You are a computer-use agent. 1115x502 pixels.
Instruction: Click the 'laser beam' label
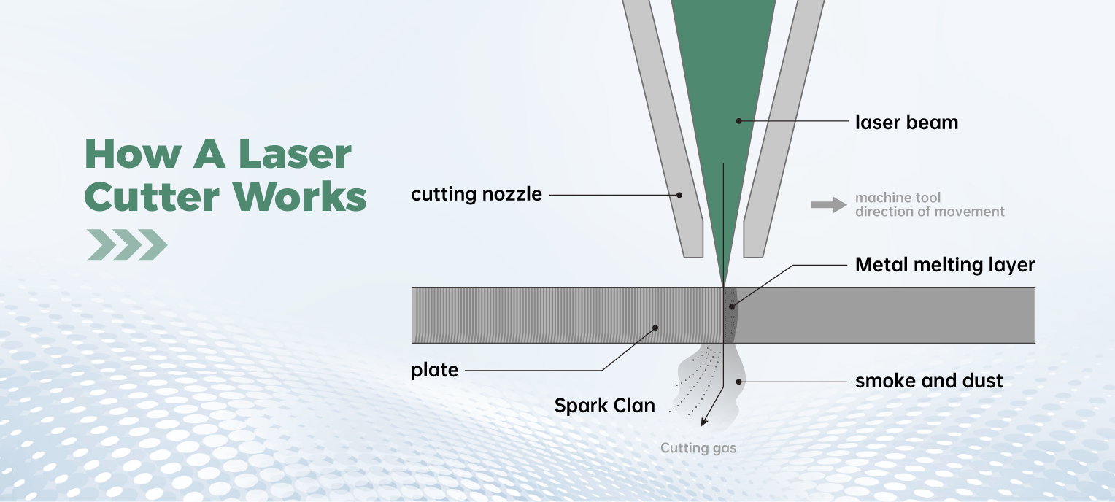coord(906,122)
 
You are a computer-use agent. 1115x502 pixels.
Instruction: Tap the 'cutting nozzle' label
coord(477,195)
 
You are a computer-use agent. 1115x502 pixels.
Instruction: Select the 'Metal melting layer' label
coord(944,264)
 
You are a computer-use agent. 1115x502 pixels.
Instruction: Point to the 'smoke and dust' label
coord(929,380)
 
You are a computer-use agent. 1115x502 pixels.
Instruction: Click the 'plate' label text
coord(435,370)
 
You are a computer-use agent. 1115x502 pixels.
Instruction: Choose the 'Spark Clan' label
coord(604,406)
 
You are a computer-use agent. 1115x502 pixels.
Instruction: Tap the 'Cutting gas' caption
coord(698,448)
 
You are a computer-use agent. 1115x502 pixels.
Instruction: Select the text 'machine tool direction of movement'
coord(930,205)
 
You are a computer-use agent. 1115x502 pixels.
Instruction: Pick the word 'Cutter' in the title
coord(152,197)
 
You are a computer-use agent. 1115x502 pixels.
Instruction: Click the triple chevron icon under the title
coord(126,245)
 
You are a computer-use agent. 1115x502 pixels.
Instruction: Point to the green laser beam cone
coord(722,88)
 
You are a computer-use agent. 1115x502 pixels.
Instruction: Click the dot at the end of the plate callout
coord(655,328)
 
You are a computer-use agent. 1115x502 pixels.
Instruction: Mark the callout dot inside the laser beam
coord(738,121)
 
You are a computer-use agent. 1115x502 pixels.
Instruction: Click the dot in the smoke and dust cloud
coord(739,380)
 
